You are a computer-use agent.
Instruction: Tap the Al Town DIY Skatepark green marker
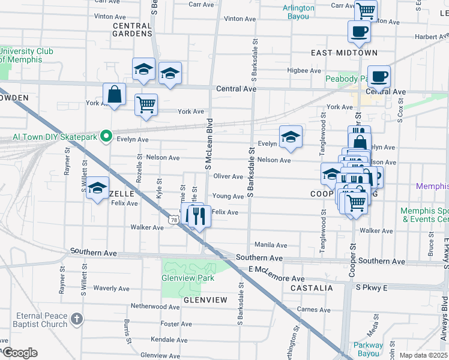click(x=107, y=136)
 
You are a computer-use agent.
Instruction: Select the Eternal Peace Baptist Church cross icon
click(x=76, y=319)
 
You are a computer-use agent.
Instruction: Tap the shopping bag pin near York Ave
click(x=114, y=95)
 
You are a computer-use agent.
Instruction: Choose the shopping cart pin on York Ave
click(x=146, y=106)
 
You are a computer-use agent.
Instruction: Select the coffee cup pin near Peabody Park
click(x=379, y=77)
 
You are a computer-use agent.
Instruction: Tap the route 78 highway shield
click(x=173, y=221)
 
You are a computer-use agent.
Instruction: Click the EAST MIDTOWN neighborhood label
click(x=344, y=53)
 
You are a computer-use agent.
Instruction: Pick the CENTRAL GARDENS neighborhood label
click(x=132, y=29)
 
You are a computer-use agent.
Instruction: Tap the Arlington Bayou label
click(x=298, y=12)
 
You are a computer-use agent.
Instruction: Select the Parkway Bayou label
click(x=367, y=349)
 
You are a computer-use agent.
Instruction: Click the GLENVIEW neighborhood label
click(x=205, y=300)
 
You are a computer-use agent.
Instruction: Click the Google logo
click(x=20, y=353)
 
